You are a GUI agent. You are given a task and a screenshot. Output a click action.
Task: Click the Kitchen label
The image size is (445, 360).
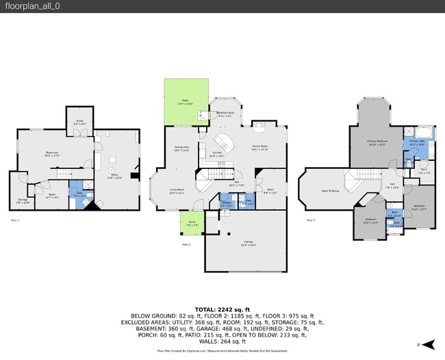(217, 153)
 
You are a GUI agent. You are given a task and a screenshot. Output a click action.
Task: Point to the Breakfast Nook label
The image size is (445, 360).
(226, 114)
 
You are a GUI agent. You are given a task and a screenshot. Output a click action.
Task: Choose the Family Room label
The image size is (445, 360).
(259, 147)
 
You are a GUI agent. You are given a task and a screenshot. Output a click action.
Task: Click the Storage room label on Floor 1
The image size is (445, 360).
(23, 201)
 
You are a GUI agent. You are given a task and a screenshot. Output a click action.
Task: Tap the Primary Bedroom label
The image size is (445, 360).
(377, 142)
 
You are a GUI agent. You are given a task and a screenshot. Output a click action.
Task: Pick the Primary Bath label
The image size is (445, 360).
(418, 142)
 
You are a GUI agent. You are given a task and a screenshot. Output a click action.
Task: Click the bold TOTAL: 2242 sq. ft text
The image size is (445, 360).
(222, 309)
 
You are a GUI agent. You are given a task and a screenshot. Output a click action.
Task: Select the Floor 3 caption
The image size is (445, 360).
(311, 220)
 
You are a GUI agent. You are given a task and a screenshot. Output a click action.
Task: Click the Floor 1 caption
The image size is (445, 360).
(15, 220)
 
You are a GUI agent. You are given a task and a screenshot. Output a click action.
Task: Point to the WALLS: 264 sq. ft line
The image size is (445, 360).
(222, 342)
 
